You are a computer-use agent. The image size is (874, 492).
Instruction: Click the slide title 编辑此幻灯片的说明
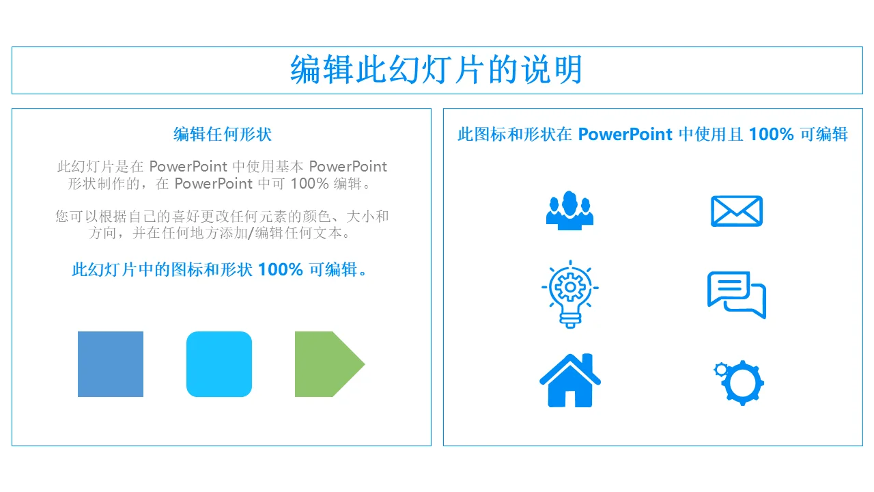(436, 70)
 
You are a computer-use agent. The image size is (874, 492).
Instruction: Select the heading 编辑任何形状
(223, 135)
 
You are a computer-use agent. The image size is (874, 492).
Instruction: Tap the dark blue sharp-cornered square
(111, 364)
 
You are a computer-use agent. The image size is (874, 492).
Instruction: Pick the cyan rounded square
(219, 364)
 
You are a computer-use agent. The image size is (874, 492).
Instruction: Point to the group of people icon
(569, 211)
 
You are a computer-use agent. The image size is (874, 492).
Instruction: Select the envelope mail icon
(737, 211)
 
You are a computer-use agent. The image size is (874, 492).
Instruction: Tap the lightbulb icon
(570, 295)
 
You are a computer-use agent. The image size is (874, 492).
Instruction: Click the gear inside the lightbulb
(570, 288)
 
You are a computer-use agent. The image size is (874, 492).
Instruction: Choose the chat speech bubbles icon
(737, 295)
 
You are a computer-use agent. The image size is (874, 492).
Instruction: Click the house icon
(570, 381)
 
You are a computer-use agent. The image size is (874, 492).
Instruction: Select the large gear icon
(742, 383)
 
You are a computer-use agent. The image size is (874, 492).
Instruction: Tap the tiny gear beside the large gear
(721, 370)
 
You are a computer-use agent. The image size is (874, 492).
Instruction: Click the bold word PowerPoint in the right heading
(625, 135)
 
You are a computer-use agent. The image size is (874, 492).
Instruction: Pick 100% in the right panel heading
(771, 135)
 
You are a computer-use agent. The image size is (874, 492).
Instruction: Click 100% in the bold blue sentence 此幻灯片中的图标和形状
(280, 270)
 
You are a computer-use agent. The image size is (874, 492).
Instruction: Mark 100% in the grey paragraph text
(310, 184)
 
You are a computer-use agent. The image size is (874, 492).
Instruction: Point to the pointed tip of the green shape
(365, 364)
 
